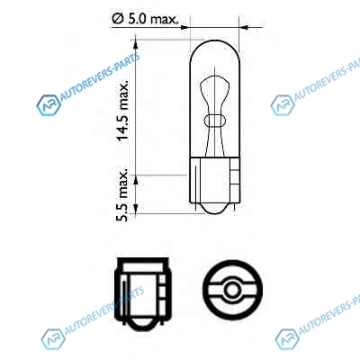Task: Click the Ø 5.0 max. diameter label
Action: [x=146, y=19]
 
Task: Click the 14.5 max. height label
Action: [x=123, y=111]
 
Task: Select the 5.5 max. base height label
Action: [x=122, y=193]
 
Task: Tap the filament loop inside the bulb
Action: [x=214, y=121]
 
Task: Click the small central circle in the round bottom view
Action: [x=232, y=290]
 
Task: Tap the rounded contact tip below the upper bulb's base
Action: [x=215, y=209]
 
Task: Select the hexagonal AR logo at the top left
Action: [x=48, y=105]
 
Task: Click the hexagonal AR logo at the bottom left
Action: [x=53, y=339]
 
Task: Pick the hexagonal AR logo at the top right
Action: [x=282, y=105]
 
